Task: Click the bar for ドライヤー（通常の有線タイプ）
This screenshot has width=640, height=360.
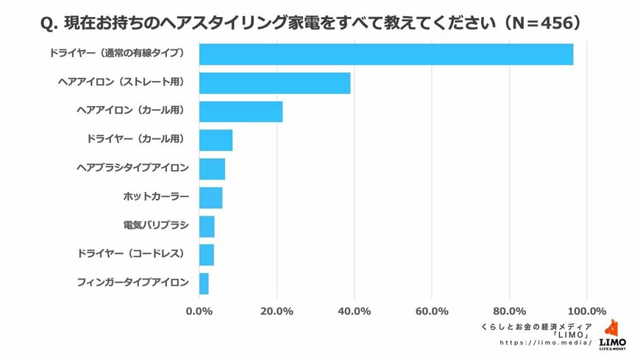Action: [386, 54]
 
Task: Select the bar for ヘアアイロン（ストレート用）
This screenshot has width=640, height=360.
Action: [275, 83]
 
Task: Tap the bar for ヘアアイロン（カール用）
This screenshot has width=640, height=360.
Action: [241, 111]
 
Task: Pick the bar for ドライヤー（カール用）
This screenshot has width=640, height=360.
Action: [216, 140]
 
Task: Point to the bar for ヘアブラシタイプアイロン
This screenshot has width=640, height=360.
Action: [213, 169]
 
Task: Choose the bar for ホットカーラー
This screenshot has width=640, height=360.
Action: [211, 197]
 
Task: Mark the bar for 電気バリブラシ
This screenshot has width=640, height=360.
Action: [207, 226]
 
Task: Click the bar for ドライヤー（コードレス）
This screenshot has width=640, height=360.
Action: [207, 255]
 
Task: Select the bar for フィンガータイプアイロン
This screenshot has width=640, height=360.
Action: [205, 283]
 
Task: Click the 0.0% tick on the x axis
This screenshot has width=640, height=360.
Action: [199, 311]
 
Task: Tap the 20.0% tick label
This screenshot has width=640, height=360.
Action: [277, 311]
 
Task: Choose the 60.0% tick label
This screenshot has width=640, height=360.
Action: [432, 311]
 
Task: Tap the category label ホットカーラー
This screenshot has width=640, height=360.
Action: [156, 197]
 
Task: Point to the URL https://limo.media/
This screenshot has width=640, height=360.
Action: [546, 343]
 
